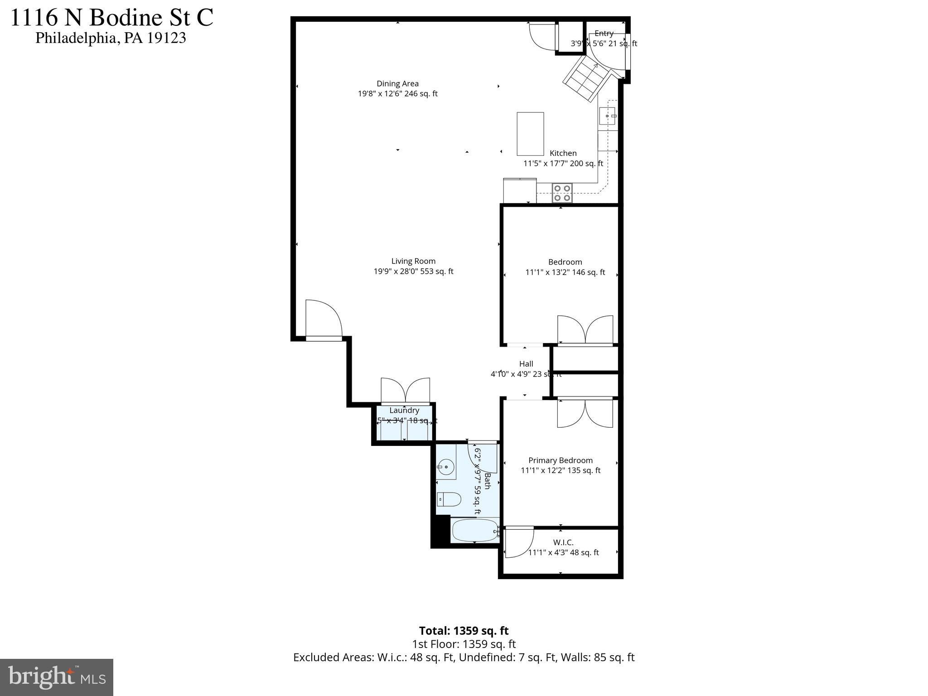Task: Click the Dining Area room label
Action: pos(397,83)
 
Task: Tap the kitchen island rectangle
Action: pos(530,134)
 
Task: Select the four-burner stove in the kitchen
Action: pos(562,193)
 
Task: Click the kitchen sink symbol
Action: pos(607,116)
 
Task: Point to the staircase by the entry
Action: pos(586,78)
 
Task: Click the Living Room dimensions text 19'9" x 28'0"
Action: pos(413,271)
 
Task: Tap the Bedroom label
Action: pos(565,262)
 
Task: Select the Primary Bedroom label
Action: pos(561,460)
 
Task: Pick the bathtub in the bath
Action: pos(475,530)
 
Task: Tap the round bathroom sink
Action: pos(446,466)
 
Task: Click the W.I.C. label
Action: pos(563,542)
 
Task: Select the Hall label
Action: pos(526,364)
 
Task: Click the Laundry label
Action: pos(404,410)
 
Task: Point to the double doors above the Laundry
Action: pos(405,391)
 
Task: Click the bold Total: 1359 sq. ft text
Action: pos(464,631)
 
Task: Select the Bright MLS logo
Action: pos(57,677)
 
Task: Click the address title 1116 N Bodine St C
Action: pos(111,18)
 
